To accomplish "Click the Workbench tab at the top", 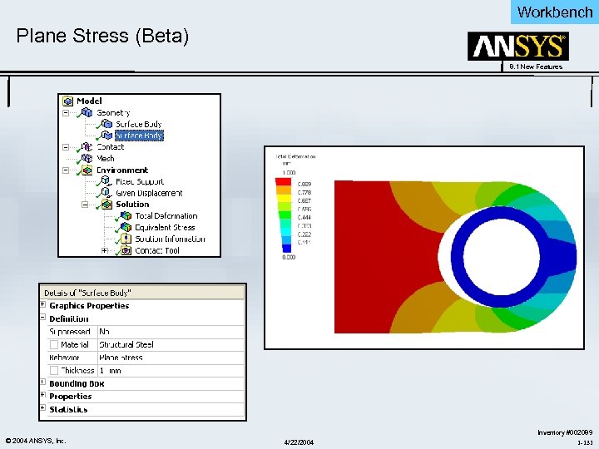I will click(x=554, y=12).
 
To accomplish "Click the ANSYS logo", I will click(x=517, y=47).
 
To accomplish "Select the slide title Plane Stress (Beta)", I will click(x=103, y=37).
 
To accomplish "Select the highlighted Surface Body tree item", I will click(x=138, y=136).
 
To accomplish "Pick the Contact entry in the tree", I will click(x=110, y=147).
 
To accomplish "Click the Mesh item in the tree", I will click(x=106, y=158).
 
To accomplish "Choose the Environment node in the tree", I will click(x=121, y=170).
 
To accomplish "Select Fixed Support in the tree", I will click(x=139, y=181).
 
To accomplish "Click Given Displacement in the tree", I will click(x=148, y=193).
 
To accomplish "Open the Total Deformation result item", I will click(x=166, y=216).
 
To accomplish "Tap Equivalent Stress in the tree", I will click(x=164, y=227).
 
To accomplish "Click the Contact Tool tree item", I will click(x=156, y=250).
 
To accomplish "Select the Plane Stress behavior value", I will click(x=121, y=358).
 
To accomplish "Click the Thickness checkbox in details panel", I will click(x=54, y=371).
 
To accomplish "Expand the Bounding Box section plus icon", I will click(x=43, y=383).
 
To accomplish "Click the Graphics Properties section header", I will click(x=89, y=306).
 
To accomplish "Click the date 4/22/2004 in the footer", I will click(x=299, y=440).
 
